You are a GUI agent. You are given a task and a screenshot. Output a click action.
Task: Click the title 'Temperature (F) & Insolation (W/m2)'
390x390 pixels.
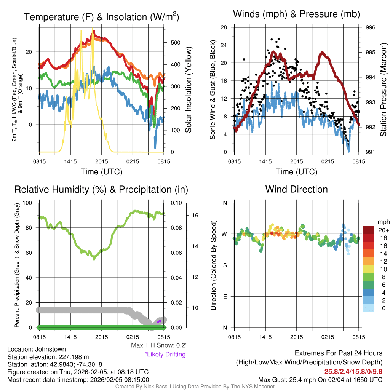click(101, 17)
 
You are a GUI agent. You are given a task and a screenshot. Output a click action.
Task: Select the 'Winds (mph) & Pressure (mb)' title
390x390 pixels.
click(296, 14)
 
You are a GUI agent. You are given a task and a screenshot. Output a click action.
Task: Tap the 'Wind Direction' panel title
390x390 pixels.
click(296, 189)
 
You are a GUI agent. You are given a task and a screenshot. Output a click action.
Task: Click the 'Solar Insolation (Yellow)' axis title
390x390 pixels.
click(189, 90)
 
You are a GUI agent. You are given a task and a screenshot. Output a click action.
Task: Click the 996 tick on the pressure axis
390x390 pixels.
click(370, 27)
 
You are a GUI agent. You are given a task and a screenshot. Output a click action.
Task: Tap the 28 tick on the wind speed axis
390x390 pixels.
click(224, 27)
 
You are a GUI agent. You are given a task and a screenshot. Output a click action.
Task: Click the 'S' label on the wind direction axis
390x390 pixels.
click(225, 265)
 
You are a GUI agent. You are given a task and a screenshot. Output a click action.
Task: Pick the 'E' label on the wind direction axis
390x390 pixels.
click(225, 296)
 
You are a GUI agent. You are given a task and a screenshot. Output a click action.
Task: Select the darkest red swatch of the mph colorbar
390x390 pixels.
click(369, 230)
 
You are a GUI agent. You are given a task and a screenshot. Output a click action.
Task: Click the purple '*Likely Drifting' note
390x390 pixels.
click(165, 355)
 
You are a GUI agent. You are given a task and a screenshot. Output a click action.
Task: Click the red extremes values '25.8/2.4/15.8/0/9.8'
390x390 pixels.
click(353, 371)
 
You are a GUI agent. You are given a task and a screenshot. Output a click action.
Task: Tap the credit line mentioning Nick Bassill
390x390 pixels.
click(195, 387)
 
